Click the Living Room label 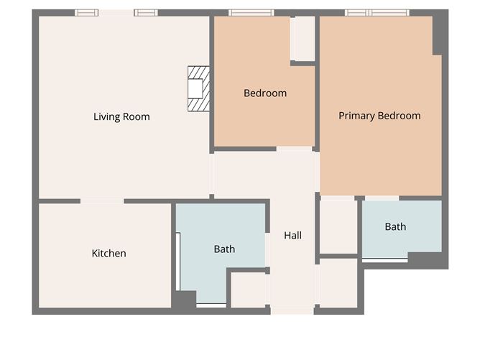pyautogui.click(x=121, y=116)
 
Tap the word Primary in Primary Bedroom pyautogui.click(x=357, y=116)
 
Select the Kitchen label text pyautogui.click(x=109, y=253)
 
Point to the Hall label pyautogui.click(x=292, y=235)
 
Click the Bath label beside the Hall pyautogui.click(x=224, y=249)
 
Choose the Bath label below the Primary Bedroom pyautogui.click(x=395, y=226)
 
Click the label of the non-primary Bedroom pyautogui.click(x=265, y=93)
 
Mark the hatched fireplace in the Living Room pyautogui.click(x=198, y=89)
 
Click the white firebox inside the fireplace pyautogui.click(x=195, y=88)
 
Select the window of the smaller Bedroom pyautogui.click(x=251, y=12)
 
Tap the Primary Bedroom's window pyautogui.click(x=377, y=12)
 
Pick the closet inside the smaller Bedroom pyautogui.click(x=303, y=38)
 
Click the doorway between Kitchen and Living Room pyautogui.click(x=102, y=201)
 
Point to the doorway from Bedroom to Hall pyautogui.click(x=294, y=149)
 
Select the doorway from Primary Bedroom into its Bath pyautogui.click(x=382, y=198)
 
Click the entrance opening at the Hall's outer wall pyautogui.click(x=292, y=311)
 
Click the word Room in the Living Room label pyautogui.click(x=137, y=116)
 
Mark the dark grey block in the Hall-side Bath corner pyautogui.click(x=184, y=300)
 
